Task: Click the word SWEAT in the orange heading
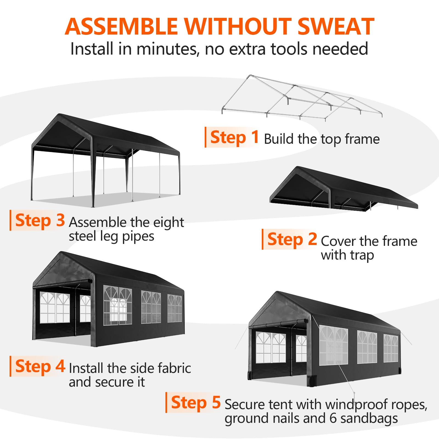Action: tap(336, 26)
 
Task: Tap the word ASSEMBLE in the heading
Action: tap(121, 26)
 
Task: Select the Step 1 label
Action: tap(234, 137)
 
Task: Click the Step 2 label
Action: tap(292, 239)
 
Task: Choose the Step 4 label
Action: tap(40, 366)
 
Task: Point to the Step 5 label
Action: tap(196, 402)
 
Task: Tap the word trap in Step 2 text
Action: tap(362, 255)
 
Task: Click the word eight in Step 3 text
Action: tap(168, 223)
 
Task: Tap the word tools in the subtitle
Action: tap(290, 49)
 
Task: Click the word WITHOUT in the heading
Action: tap(238, 26)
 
